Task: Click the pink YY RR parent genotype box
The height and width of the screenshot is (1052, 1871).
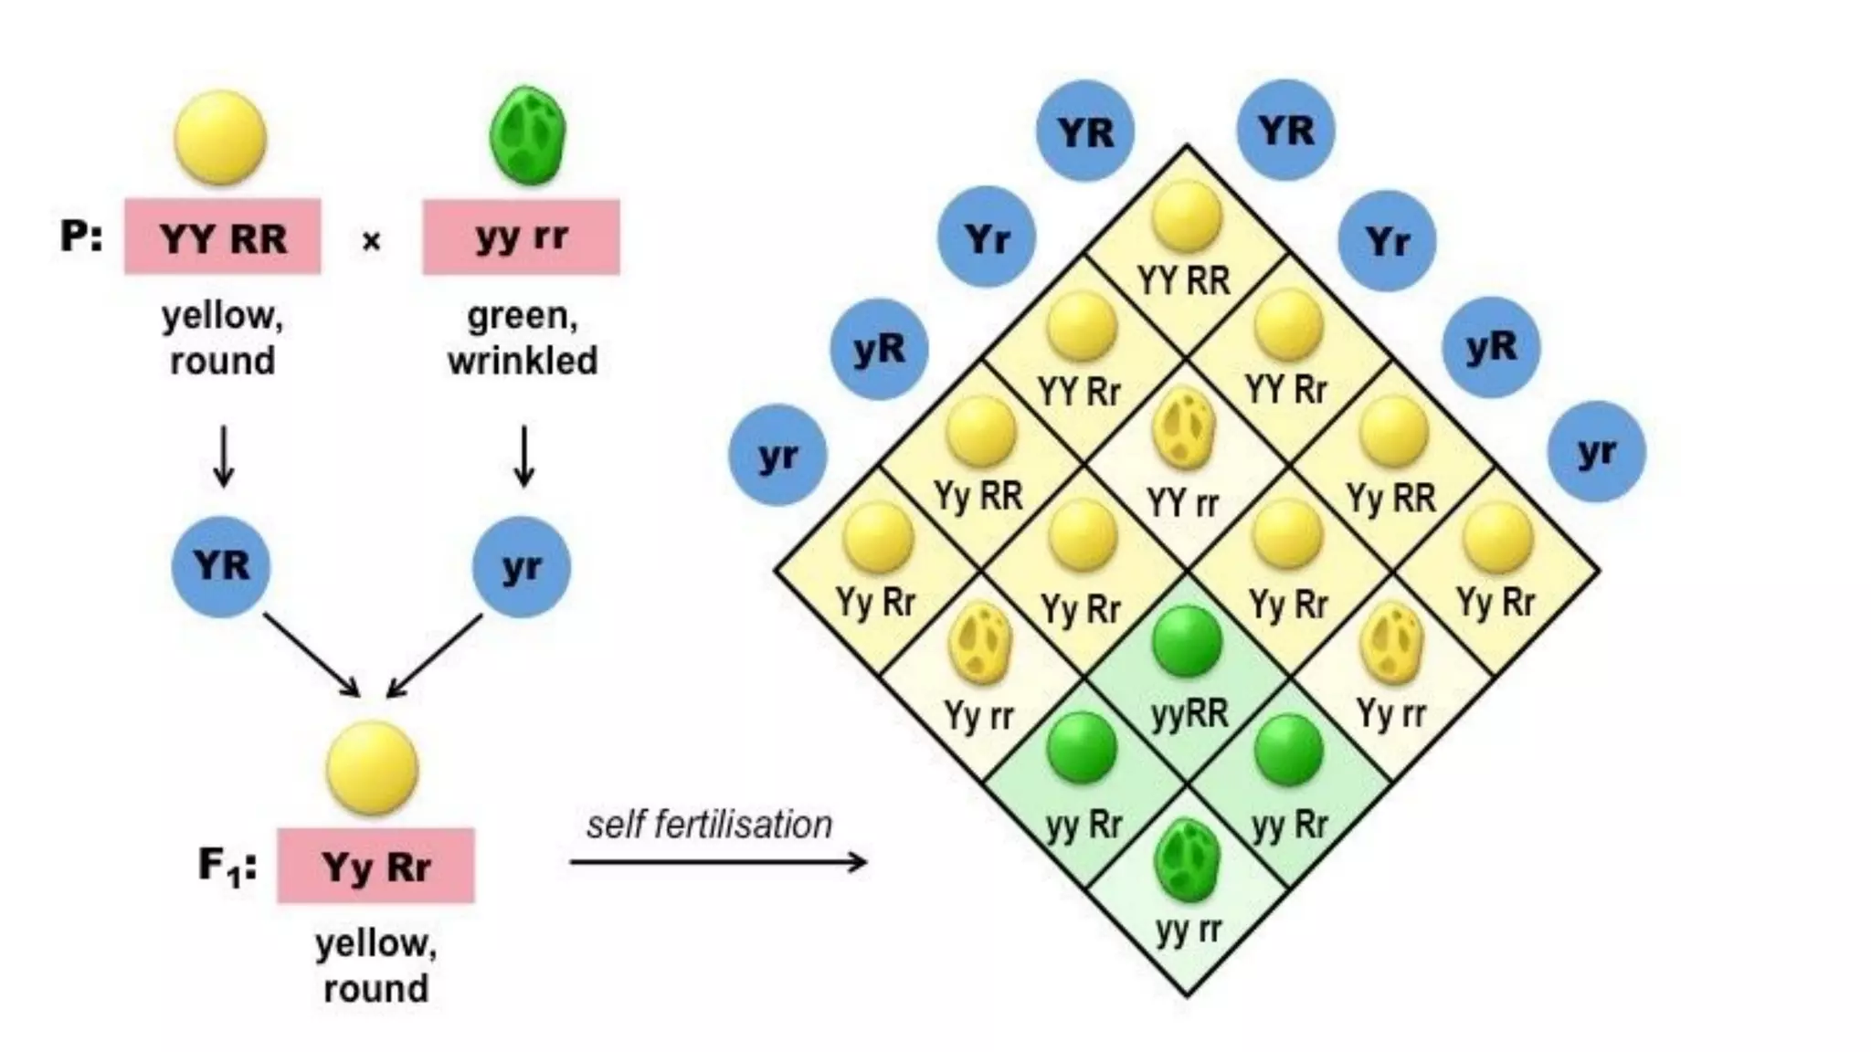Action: coord(223,237)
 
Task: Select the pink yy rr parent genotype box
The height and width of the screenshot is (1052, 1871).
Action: coord(521,237)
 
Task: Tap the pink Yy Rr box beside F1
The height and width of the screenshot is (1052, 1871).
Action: coord(375,866)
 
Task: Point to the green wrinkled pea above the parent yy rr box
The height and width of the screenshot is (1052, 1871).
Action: coord(527,135)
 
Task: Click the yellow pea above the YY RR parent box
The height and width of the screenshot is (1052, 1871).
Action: coord(220,138)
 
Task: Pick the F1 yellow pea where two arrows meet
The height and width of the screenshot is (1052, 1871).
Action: coord(372,767)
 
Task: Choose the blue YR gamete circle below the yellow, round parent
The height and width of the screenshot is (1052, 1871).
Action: coord(221,566)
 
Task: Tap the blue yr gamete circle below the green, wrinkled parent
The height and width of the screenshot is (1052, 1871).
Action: coord(521,566)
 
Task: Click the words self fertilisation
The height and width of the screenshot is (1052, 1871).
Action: coord(709,825)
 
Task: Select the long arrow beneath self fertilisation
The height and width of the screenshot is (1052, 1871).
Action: coord(718,861)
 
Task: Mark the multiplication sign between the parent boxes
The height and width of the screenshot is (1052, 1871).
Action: coord(371,241)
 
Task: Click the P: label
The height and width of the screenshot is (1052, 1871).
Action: coord(81,237)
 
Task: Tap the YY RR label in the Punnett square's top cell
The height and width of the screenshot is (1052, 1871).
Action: coord(1184,280)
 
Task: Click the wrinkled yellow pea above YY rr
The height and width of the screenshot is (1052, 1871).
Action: coord(1184,431)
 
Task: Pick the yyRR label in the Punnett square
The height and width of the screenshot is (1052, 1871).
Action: coord(1189,713)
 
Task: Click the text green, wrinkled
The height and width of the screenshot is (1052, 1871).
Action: coord(523,338)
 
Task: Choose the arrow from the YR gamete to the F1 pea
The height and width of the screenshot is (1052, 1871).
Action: coord(312,654)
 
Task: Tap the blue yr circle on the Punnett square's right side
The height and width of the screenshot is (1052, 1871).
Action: coord(1596,452)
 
